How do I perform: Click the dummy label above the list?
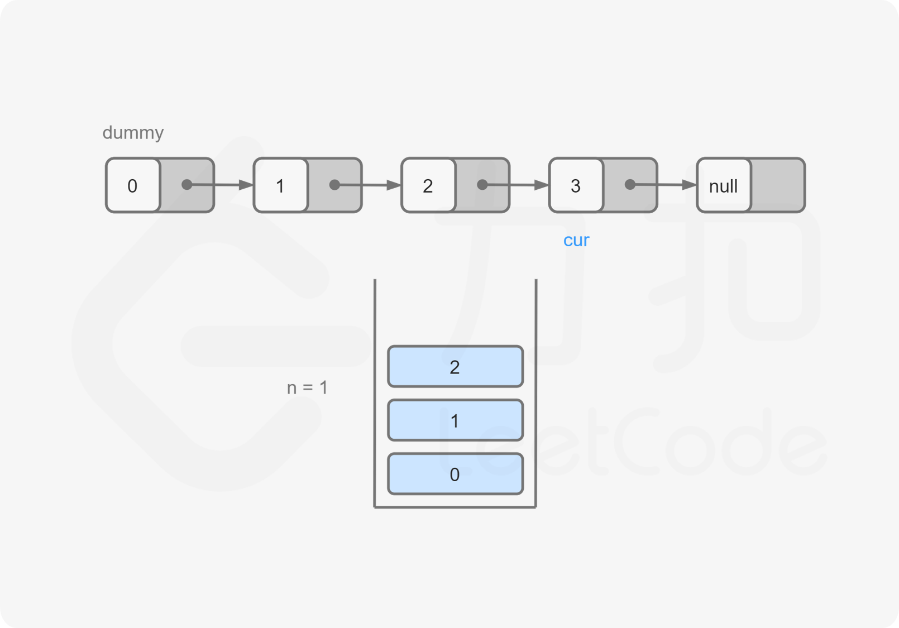tap(133, 133)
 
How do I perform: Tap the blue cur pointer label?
tap(576, 240)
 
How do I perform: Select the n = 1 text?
tap(308, 387)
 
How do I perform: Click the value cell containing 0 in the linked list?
tap(133, 185)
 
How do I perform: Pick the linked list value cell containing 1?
tap(280, 185)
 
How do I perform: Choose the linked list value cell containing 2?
tap(428, 185)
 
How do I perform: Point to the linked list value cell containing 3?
tap(576, 185)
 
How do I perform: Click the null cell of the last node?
tap(724, 185)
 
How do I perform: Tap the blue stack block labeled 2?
tap(455, 366)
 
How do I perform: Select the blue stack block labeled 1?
tap(455, 420)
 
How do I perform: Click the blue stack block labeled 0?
tap(455, 474)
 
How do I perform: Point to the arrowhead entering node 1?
tap(246, 185)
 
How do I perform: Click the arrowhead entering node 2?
tap(394, 185)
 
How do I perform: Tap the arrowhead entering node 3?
tap(542, 185)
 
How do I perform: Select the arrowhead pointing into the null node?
tap(689, 185)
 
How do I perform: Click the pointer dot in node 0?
tap(187, 185)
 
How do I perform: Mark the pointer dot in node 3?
tap(630, 185)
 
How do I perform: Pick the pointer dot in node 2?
tap(482, 185)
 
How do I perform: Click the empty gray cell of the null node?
tap(778, 185)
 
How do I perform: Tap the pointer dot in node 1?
tap(334, 185)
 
